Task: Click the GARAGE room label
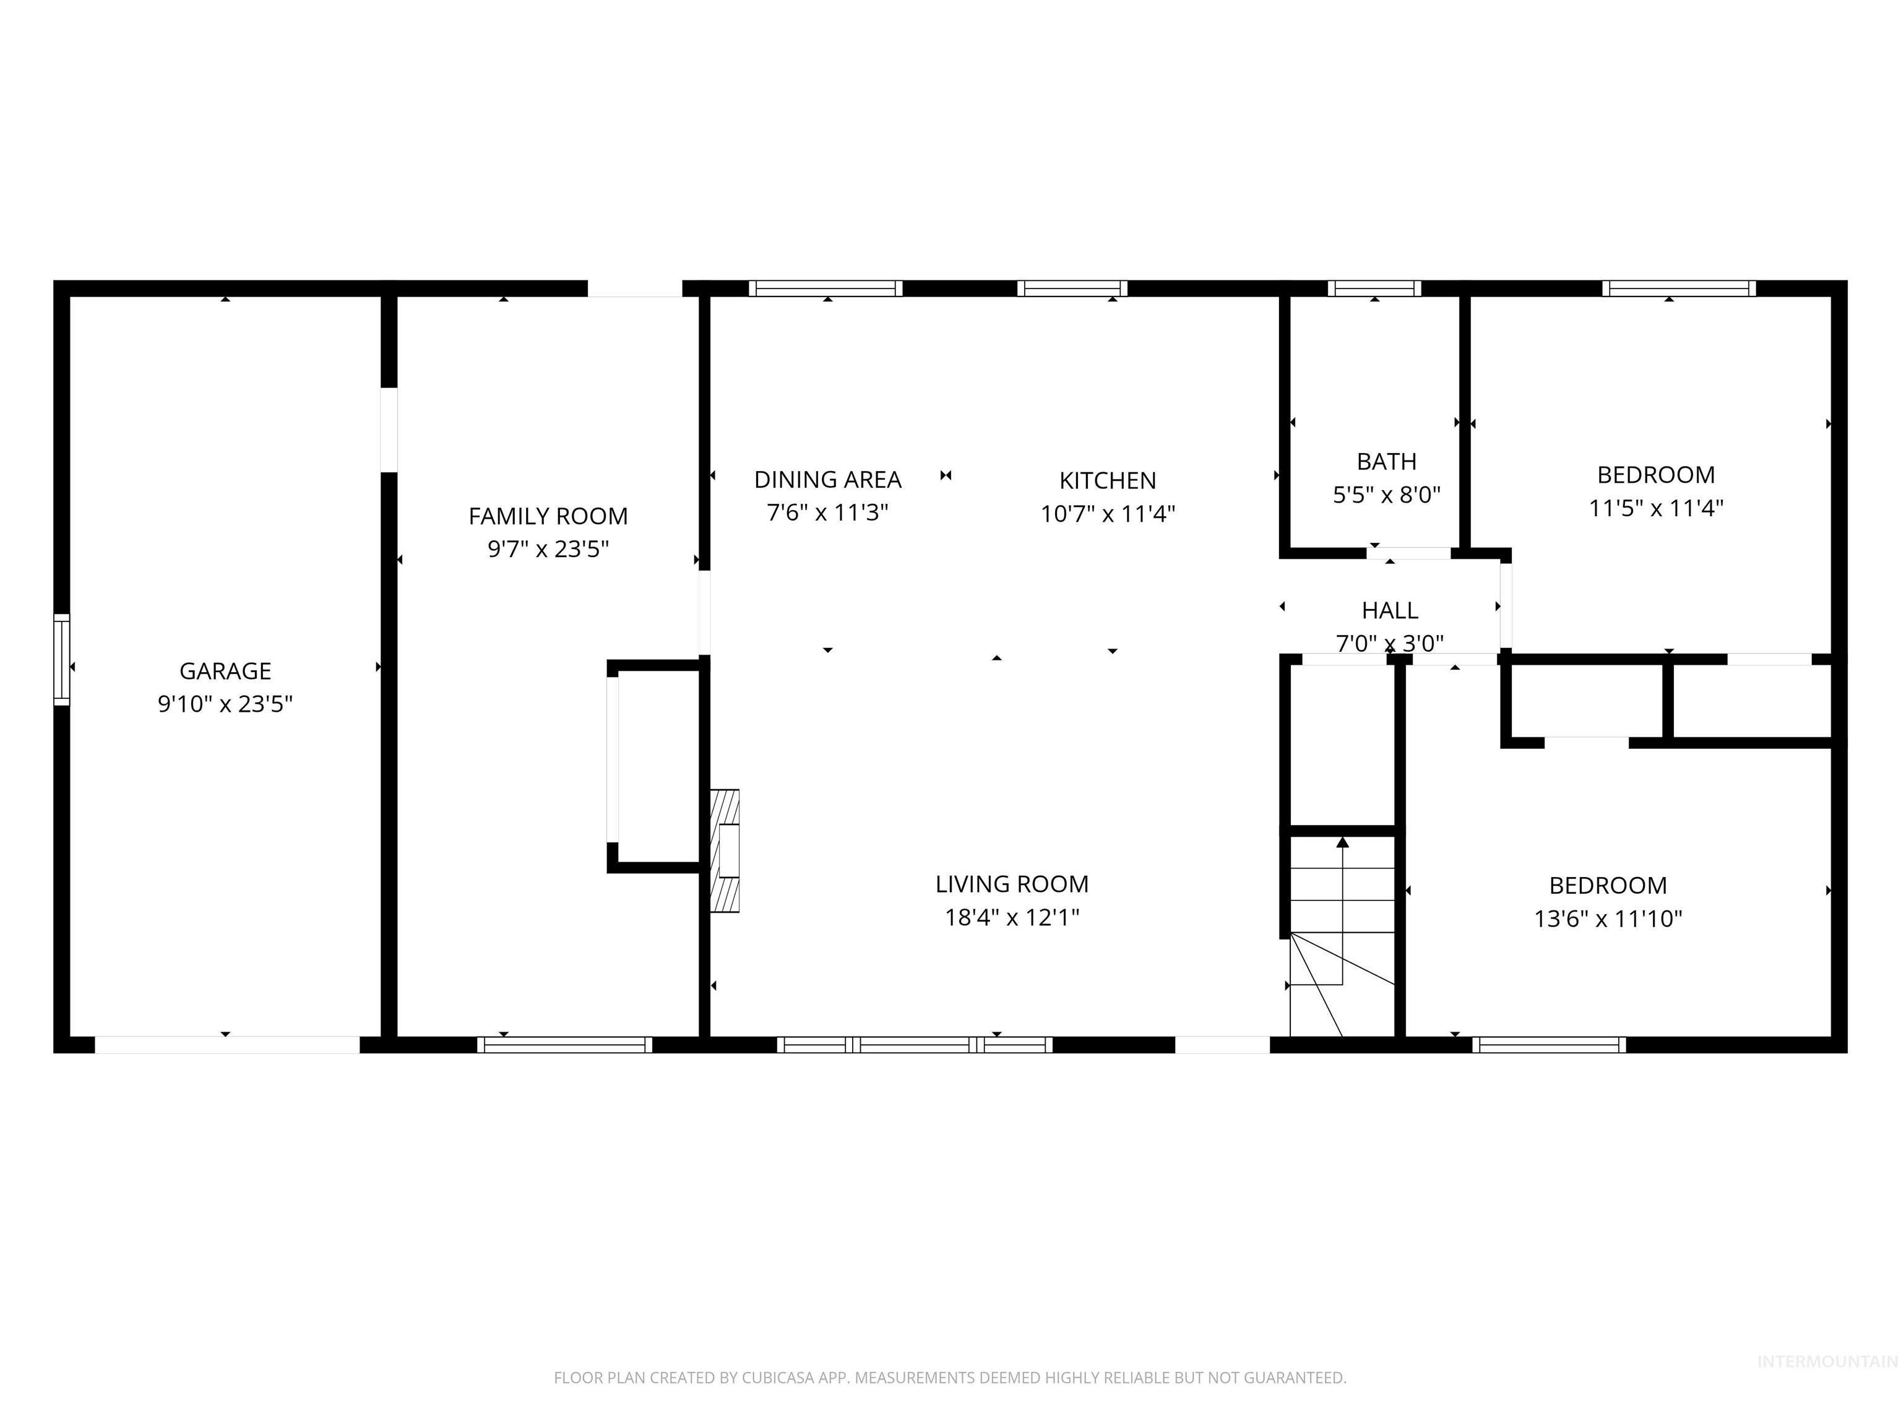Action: (x=225, y=670)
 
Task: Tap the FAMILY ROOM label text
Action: (x=548, y=516)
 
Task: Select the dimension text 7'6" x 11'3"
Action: (x=827, y=512)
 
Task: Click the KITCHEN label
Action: (x=1107, y=480)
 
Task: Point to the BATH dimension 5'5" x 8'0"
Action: (x=1386, y=495)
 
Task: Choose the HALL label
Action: (x=1390, y=610)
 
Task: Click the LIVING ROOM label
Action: (x=1012, y=884)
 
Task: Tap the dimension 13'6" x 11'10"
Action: (x=1607, y=919)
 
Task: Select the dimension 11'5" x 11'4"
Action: (x=1655, y=508)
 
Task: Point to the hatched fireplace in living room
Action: (x=725, y=850)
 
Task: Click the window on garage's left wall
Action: (x=62, y=659)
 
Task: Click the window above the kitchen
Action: (x=1072, y=288)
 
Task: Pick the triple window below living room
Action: (x=915, y=1044)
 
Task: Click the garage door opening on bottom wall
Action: (x=227, y=1044)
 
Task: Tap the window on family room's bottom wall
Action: (x=564, y=1044)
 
